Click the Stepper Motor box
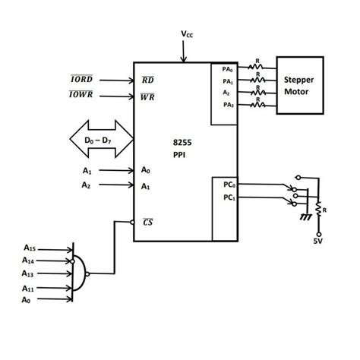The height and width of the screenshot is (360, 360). click(x=304, y=85)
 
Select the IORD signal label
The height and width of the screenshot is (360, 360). click(x=82, y=79)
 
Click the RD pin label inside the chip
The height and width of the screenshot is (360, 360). click(x=148, y=80)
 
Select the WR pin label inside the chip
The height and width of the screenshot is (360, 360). click(x=148, y=97)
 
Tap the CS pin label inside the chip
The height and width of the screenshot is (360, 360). click(x=147, y=221)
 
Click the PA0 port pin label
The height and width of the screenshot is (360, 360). click(x=227, y=69)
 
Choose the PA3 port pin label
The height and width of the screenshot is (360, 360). click(x=227, y=104)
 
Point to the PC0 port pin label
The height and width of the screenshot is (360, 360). click(x=227, y=185)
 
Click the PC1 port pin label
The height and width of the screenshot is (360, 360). click(x=227, y=197)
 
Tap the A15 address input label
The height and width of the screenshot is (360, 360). click(x=30, y=248)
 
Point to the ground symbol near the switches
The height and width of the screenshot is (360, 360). click(x=305, y=217)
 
